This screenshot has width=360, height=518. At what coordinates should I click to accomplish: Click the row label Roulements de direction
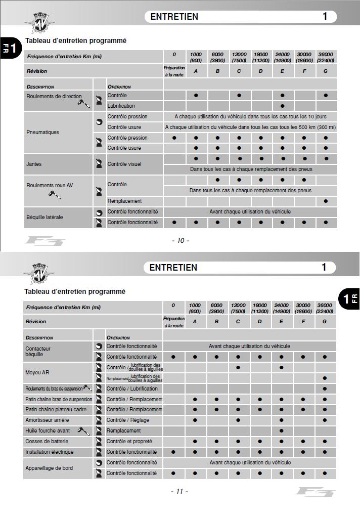click(54, 96)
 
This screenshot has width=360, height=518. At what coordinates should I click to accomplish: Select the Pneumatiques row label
click(42, 132)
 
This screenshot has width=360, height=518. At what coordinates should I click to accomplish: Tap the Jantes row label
click(34, 164)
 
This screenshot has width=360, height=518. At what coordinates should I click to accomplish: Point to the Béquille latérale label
click(44, 217)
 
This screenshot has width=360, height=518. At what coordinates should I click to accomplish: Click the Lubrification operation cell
click(121, 106)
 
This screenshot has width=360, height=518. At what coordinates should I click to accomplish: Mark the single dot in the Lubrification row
click(282, 106)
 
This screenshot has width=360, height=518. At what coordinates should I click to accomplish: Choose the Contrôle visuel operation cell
click(124, 164)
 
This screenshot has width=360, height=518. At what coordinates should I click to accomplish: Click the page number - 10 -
click(180, 240)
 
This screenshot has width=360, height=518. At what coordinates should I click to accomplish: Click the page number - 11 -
click(179, 491)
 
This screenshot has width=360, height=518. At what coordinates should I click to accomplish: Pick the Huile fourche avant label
click(48, 430)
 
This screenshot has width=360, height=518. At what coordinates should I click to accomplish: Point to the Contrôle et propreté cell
click(129, 441)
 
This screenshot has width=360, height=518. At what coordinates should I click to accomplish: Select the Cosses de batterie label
click(47, 441)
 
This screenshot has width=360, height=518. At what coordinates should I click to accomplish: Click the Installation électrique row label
click(49, 452)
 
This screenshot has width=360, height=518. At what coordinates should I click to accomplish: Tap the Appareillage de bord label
click(49, 468)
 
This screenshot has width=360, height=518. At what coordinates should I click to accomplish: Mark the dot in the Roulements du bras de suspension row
click(325, 389)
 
